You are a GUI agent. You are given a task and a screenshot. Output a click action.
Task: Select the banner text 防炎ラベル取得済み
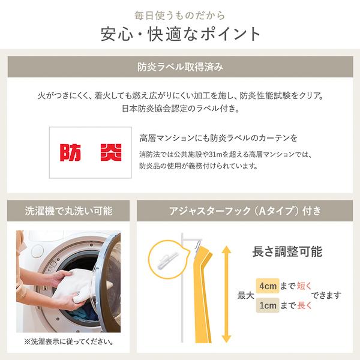pyautogui.click(x=180, y=67)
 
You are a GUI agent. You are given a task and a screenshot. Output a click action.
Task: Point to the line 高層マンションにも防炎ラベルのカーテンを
pyautogui.click(x=218, y=138)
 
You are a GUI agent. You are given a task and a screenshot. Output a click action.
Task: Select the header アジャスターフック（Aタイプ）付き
pyautogui.click(x=245, y=211)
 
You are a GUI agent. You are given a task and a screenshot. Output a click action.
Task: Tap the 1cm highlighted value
pyautogui.click(x=267, y=306)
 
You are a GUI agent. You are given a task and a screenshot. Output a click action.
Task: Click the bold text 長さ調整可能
pyautogui.click(x=287, y=253)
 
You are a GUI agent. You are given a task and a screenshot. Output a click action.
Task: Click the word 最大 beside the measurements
pyautogui.click(x=245, y=296)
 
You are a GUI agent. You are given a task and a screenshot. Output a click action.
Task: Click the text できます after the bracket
pyautogui.click(x=330, y=296)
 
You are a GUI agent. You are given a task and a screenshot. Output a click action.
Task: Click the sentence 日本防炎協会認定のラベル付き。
pyautogui.click(x=180, y=109)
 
